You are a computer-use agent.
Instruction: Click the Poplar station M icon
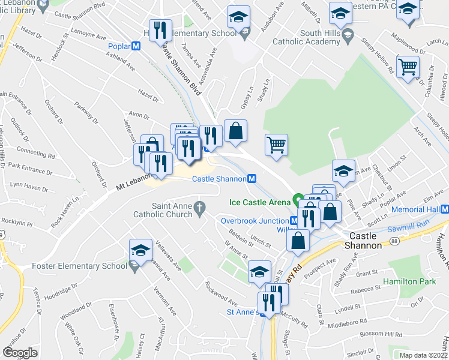pos(136,46)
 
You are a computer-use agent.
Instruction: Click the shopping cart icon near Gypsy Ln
pos(276,144)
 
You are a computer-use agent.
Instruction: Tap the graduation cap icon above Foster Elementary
pos(140,250)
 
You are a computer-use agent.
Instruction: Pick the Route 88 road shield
pos(394,241)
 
